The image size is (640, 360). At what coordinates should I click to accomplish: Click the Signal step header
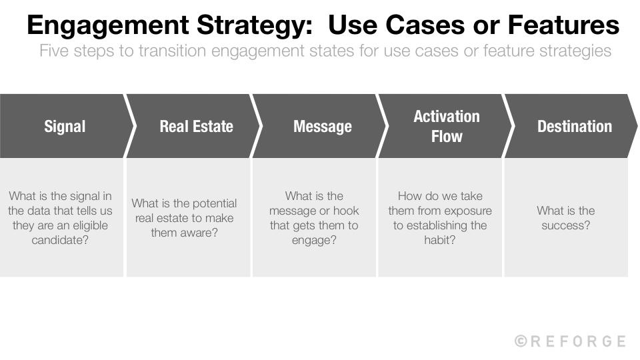(65, 126)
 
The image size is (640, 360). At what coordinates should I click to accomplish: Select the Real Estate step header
(196, 126)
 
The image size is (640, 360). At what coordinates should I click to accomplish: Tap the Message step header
(323, 126)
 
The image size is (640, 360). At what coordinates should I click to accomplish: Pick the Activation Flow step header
(446, 126)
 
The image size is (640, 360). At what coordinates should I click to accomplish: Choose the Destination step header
(574, 126)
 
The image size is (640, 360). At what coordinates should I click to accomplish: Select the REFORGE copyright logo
(570, 341)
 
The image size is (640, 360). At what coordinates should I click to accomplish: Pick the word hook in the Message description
(346, 211)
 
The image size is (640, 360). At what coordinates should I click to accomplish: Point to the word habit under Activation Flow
(440, 240)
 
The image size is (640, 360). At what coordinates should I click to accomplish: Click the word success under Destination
(565, 225)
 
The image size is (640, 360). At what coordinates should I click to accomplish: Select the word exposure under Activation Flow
(469, 211)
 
